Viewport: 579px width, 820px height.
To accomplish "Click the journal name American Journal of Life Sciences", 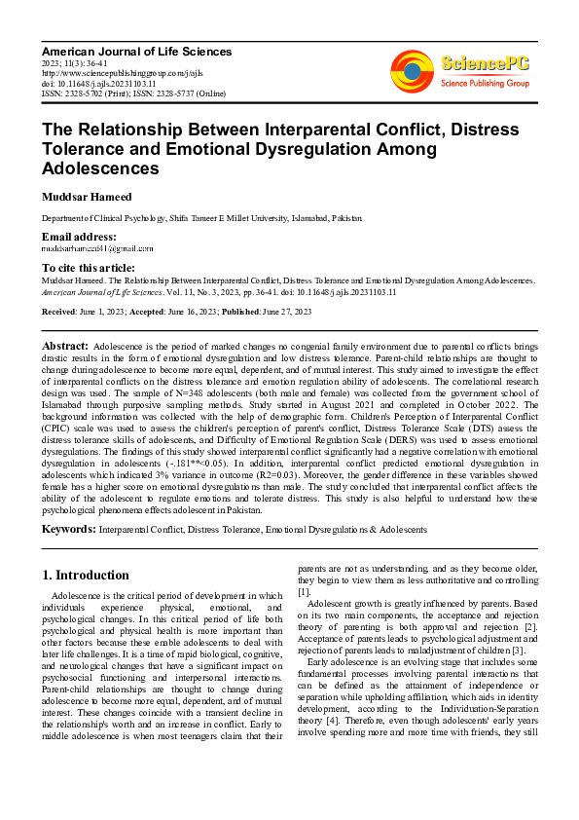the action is pos(136,51).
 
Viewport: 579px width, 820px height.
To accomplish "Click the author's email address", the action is pos(87,249).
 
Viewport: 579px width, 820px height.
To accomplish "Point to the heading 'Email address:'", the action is pos(79,238).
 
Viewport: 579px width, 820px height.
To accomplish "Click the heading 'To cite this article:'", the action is pos(89,267).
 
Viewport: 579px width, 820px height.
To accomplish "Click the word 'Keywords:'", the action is pos(68,529).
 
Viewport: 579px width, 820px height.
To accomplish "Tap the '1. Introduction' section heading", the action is pos(87,575).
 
